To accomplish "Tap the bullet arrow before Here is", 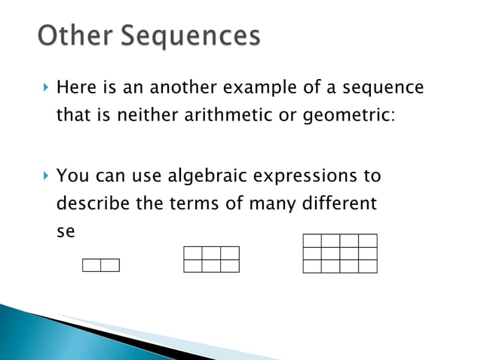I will click(x=45, y=88).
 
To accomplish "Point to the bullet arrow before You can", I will click(x=45, y=176).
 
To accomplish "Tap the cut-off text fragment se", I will click(x=66, y=233).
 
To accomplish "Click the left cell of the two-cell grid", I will click(x=91, y=265).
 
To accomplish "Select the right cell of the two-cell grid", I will click(x=110, y=265).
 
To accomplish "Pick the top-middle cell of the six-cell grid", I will click(x=211, y=253).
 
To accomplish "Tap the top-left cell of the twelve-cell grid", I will click(x=312, y=241).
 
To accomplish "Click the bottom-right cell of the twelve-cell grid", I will click(x=368, y=266).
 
